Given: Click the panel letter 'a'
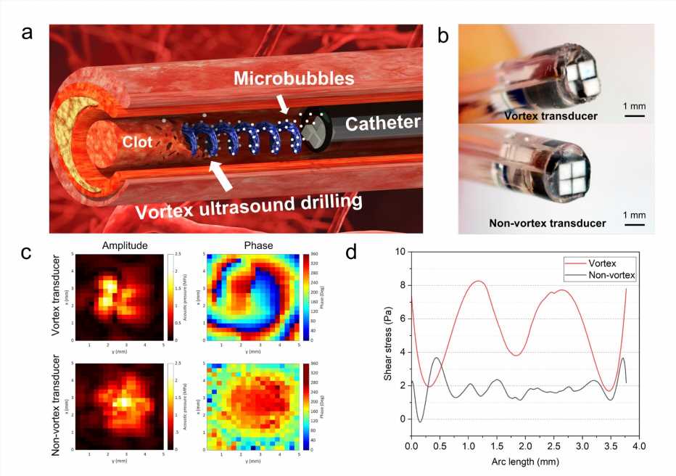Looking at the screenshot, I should pyautogui.click(x=28, y=34).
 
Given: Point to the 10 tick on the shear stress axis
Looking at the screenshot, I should pyautogui.click(x=400, y=252).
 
